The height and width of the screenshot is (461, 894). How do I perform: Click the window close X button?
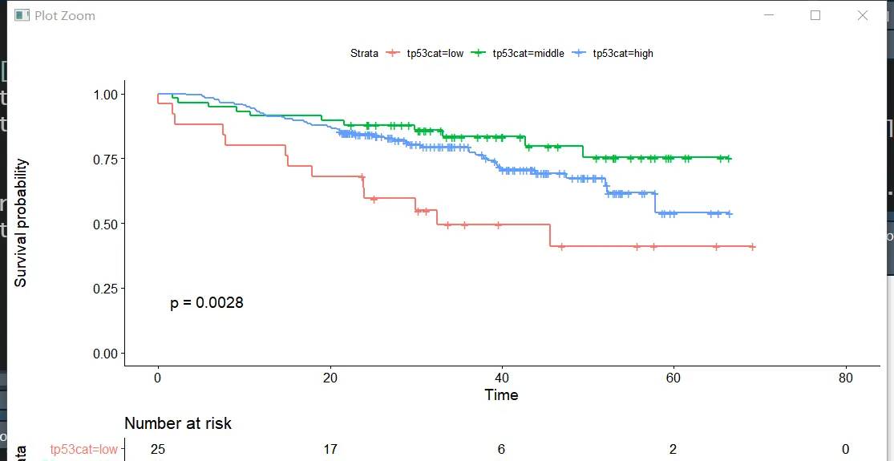pos(863,15)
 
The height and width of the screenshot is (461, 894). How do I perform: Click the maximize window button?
pos(815,15)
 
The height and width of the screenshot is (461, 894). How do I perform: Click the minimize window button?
pos(769,15)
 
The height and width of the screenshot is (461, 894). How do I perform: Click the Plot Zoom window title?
pos(64,15)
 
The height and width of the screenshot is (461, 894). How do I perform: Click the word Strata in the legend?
pos(364,54)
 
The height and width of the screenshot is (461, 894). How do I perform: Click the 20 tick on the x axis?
pos(330,378)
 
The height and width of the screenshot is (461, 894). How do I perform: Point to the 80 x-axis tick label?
pos(845,378)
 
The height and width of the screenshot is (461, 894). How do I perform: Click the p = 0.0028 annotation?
pos(207,303)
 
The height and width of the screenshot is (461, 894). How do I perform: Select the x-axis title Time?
pos(501,394)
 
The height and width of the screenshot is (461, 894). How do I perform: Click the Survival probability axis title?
pos(22,223)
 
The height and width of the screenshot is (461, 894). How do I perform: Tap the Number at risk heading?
pos(178,423)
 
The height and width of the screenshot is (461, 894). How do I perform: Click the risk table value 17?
pos(330,450)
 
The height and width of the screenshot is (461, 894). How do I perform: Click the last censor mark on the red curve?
pos(752,247)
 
